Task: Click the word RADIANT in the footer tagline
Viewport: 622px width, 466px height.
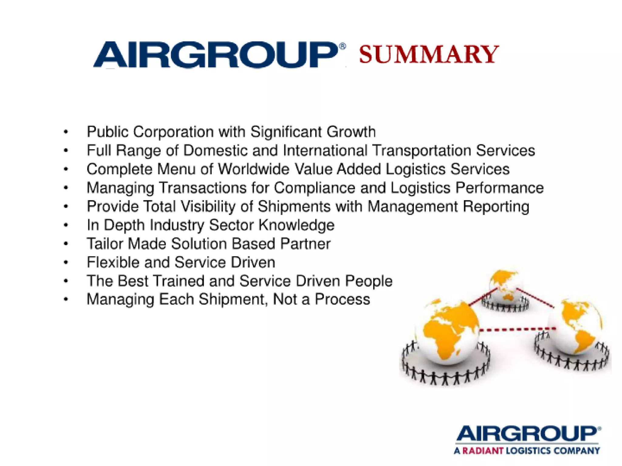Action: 483,451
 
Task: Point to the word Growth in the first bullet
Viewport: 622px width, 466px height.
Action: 351,132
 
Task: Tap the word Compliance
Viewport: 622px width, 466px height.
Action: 315,188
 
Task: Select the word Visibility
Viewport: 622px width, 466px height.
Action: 208,207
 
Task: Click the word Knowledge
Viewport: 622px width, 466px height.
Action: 296,225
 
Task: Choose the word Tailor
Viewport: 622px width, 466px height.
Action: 105,244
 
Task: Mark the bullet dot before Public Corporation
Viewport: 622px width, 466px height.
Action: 66,132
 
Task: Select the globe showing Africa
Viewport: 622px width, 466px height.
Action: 447,331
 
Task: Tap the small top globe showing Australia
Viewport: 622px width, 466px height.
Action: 505,285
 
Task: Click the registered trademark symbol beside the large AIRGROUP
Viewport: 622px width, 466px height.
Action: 342,46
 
